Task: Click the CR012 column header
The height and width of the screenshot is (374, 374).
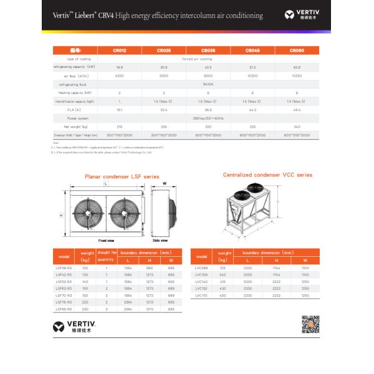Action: click(x=120, y=50)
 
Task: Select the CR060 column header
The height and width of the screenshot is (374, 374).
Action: click(x=297, y=50)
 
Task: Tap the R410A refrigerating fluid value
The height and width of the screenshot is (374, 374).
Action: click(x=208, y=84)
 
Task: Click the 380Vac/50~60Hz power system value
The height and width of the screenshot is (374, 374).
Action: click(x=208, y=118)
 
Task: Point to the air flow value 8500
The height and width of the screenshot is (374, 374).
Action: click(x=208, y=75)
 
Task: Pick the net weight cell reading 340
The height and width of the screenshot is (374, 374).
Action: click(x=297, y=127)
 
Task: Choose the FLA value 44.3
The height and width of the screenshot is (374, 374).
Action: click(x=252, y=110)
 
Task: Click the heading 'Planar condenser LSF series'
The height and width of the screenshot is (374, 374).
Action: click(x=122, y=177)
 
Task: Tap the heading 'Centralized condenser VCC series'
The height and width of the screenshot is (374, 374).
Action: click(x=268, y=175)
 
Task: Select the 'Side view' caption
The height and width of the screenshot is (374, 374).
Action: click(x=160, y=240)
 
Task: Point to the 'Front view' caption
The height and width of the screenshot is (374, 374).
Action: click(x=107, y=240)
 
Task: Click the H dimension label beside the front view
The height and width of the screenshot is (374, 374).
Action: click(x=60, y=215)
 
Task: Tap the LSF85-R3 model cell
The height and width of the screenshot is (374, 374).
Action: click(x=64, y=309)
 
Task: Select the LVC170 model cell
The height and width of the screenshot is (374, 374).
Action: click(x=201, y=295)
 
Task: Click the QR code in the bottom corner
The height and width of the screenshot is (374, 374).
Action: click(x=310, y=325)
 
